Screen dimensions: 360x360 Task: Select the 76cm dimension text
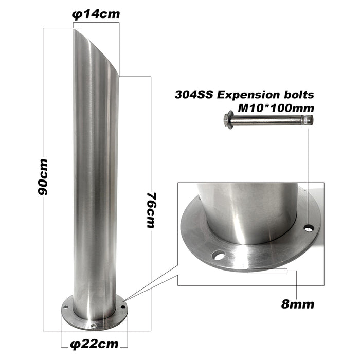pyautogui.click(x=150, y=211)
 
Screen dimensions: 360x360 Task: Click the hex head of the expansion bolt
pyautogui.click(x=228, y=120)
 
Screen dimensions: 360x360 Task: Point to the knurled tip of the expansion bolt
pyautogui.click(x=308, y=120)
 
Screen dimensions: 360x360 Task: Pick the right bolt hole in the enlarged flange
pyautogui.click(x=309, y=228)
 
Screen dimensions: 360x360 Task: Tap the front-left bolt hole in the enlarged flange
pyautogui.click(x=219, y=255)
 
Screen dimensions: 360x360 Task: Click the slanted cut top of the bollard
pyautogui.click(x=97, y=51)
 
